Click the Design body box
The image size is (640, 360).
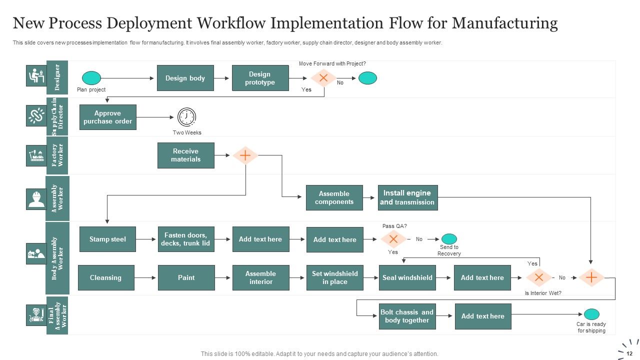click(185, 78)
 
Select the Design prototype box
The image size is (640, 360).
click(260, 78)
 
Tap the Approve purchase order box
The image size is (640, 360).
click(107, 117)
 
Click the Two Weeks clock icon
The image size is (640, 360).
click(186, 117)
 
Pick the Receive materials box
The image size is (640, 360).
click(185, 155)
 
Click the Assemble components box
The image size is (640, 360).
click(334, 197)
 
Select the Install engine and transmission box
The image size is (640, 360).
click(407, 197)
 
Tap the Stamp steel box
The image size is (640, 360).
click(107, 239)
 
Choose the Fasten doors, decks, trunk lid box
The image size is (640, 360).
click(186, 239)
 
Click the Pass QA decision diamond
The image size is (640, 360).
click(393, 239)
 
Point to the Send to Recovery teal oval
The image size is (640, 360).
click(449, 239)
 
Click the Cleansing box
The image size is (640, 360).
click(105, 277)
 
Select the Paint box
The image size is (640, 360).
click(186, 277)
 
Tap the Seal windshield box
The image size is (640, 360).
click(407, 277)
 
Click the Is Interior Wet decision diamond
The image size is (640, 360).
click(538, 277)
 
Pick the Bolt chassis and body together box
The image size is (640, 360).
click(407, 316)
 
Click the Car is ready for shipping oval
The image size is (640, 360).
click(591, 314)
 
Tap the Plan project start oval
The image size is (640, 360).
click(91, 78)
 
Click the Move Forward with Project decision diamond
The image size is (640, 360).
click(323, 78)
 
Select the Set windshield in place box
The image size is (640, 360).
click(334, 277)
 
